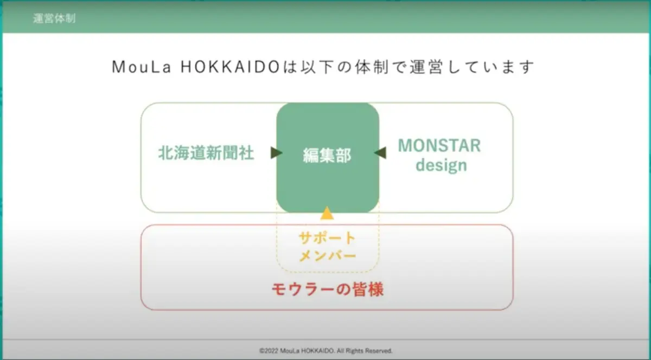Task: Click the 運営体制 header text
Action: click(x=54, y=18)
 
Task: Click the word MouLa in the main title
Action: click(x=141, y=67)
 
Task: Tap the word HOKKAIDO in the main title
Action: click(x=230, y=67)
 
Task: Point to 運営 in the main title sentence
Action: click(x=426, y=67)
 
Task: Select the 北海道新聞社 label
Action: click(x=206, y=153)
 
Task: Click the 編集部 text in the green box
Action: click(x=327, y=156)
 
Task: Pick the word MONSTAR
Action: click(x=439, y=145)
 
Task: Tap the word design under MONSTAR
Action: click(x=441, y=165)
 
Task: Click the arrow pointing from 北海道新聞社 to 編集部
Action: click(x=276, y=153)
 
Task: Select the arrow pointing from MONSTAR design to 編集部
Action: click(x=380, y=153)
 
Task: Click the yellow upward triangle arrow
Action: click(x=327, y=213)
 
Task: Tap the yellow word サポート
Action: click(x=327, y=239)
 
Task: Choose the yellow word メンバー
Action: click(x=328, y=256)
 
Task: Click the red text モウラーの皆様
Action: click(x=328, y=290)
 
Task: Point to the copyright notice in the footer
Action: click(x=326, y=351)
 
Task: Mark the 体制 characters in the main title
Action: click(x=372, y=67)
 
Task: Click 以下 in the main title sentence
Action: click(x=317, y=67)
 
